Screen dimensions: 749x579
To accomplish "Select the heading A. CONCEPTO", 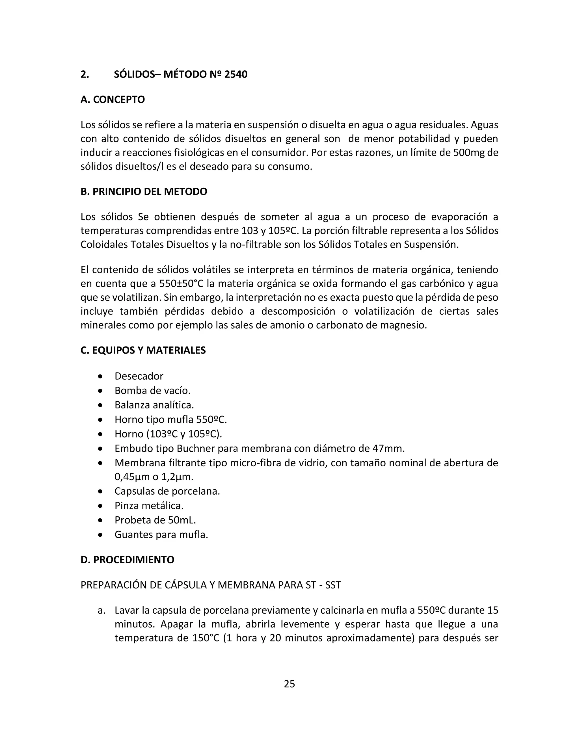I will point(113,99).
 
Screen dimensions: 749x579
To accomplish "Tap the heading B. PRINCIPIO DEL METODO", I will point(144,191).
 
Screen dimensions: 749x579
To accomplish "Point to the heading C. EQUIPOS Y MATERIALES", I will point(143,350).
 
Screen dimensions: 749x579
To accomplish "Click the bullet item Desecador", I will point(139,376).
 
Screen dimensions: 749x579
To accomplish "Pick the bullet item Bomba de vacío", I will point(152,391).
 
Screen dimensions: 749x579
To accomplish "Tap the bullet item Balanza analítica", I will point(154,405).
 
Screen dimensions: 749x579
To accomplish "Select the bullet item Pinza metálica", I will point(149,506).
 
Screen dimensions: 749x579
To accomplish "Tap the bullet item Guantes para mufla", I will point(161,534).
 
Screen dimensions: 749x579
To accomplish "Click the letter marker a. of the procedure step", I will point(101,610).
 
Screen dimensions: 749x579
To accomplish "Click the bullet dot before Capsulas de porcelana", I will point(100,492).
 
